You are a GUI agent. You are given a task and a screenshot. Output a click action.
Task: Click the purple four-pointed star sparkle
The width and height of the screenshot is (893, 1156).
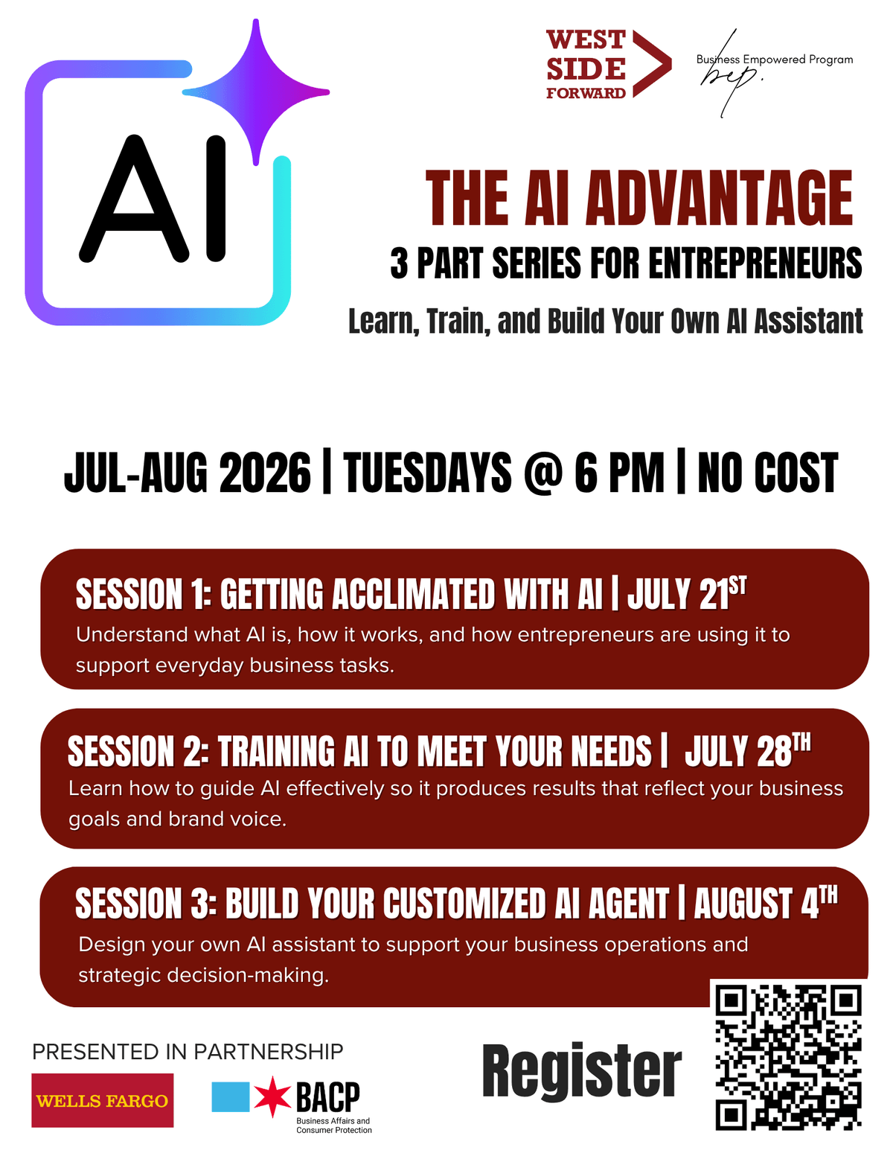[x=256, y=92]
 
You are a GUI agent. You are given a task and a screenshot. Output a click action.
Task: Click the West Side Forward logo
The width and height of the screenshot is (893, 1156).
[x=609, y=64]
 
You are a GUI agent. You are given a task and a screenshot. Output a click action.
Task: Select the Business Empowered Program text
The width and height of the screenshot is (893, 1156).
[x=775, y=60]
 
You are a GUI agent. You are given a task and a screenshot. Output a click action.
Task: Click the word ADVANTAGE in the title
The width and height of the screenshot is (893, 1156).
[x=719, y=199]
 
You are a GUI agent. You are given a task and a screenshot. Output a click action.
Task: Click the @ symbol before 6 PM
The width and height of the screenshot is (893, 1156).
[x=542, y=473]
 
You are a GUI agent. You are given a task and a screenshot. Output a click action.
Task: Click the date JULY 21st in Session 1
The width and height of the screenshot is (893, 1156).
[x=687, y=592]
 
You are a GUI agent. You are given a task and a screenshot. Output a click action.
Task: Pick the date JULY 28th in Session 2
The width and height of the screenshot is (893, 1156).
[x=747, y=750]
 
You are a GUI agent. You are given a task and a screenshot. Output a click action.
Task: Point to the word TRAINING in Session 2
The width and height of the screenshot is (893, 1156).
[x=275, y=751]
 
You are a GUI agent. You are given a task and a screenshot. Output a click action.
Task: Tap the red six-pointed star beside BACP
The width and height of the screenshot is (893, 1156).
[x=272, y=1097]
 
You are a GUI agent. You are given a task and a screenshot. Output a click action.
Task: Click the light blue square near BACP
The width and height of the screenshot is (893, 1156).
[x=230, y=1097]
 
